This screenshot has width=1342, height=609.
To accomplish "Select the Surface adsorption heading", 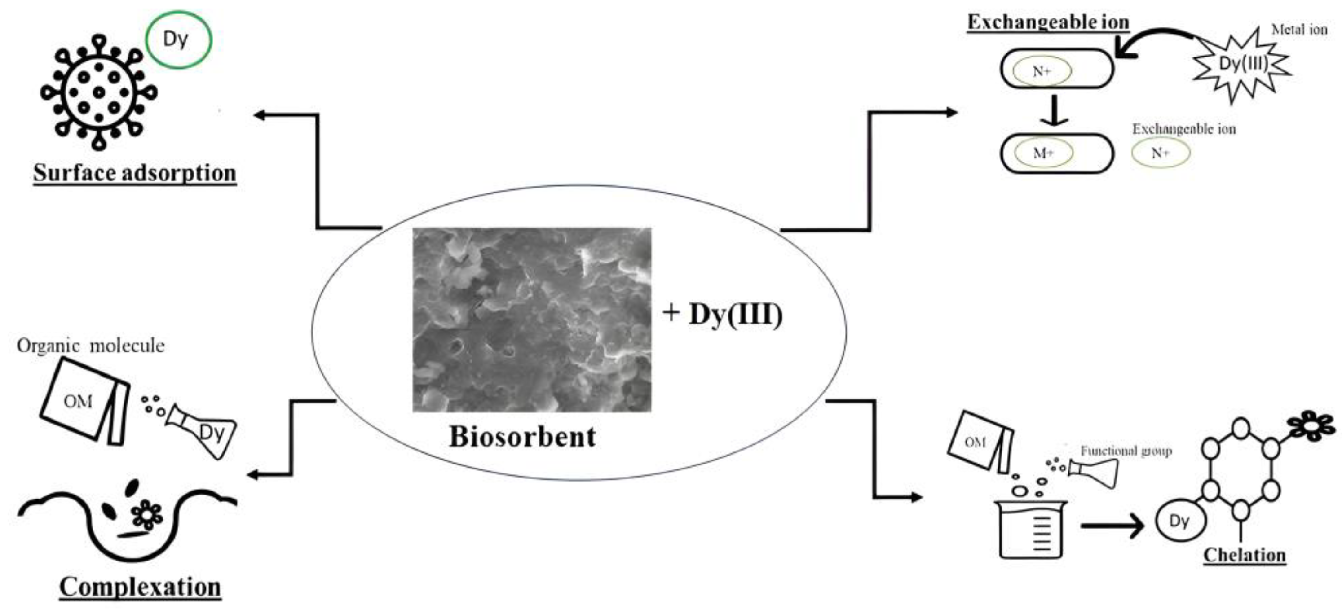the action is pyautogui.click(x=135, y=173).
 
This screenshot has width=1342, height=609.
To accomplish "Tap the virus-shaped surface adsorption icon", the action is pyautogui.click(x=99, y=92).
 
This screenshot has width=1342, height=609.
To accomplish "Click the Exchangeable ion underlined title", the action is pyautogui.click(x=1048, y=22).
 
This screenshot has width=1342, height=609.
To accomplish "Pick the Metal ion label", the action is pyautogui.click(x=1299, y=30).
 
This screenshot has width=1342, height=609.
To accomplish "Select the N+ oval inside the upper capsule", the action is pyautogui.click(x=1042, y=71).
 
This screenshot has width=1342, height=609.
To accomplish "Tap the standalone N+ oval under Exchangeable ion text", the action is pyautogui.click(x=1161, y=153).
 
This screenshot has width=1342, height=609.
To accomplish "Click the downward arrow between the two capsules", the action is pyautogui.click(x=1055, y=110).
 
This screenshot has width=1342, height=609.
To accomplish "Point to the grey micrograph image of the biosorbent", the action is pyautogui.click(x=532, y=320).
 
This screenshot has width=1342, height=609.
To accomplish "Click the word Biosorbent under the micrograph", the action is pyautogui.click(x=522, y=436).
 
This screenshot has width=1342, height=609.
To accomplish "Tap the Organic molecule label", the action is pyautogui.click(x=91, y=346).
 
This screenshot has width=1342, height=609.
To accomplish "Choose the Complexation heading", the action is pyautogui.click(x=140, y=587).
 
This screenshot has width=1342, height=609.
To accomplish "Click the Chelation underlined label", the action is pyautogui.click(x=1245, y=555).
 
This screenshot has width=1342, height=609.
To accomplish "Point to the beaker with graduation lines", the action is pyautogui.click(x=1031, y=529).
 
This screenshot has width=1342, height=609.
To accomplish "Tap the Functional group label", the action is pyautogui.click(x=1126, y=451).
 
